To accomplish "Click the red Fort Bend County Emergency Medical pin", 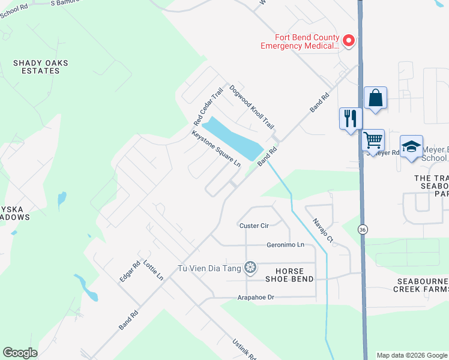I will [x=348, y=41].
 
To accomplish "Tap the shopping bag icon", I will [x=375, y=98].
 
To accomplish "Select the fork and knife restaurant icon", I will [x=351, y=118].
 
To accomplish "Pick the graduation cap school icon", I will [x=411, y=146].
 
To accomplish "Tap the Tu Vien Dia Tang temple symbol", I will [x=250, y=267].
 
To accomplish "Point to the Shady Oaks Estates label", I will [x=41, y=67].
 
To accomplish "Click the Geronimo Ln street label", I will [x=286, y=245].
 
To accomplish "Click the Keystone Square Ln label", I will [x=216, y=149].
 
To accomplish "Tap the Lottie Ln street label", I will [x=153, y=270].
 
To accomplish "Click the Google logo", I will [x=20, y=353].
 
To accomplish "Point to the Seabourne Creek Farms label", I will [x=421, y=285].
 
